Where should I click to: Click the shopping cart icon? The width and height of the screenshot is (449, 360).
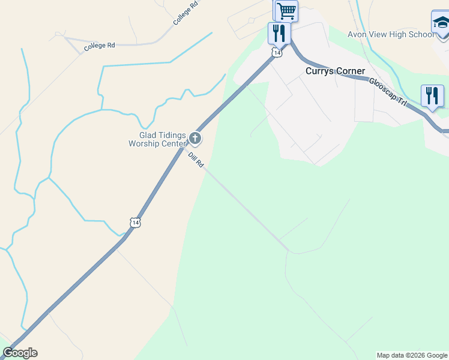coord(286,10)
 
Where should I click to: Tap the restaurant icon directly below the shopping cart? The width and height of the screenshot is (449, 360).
coord(279,33)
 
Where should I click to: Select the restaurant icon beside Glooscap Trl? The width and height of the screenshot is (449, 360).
coord(432,96)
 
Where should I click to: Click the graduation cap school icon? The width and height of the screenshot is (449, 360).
coord(441,23)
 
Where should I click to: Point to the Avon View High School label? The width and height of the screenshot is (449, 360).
coord(391,34)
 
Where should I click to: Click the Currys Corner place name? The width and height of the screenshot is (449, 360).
coord(335,71)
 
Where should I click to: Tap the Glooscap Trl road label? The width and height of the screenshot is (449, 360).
coord(388,92)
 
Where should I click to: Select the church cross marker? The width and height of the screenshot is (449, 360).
coord(195,139)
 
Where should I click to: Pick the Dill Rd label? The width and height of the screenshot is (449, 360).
coord(196,160)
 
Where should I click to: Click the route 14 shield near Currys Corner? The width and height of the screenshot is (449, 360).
coord(276,53)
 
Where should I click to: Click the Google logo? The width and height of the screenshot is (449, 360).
coord(20,353)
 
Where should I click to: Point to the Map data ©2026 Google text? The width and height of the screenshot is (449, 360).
coord(411,355)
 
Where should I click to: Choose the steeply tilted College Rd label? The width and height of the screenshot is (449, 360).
coord(185,13)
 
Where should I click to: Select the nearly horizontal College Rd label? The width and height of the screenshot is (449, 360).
coord(99,46)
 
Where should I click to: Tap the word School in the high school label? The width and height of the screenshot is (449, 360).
coord(421,34)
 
